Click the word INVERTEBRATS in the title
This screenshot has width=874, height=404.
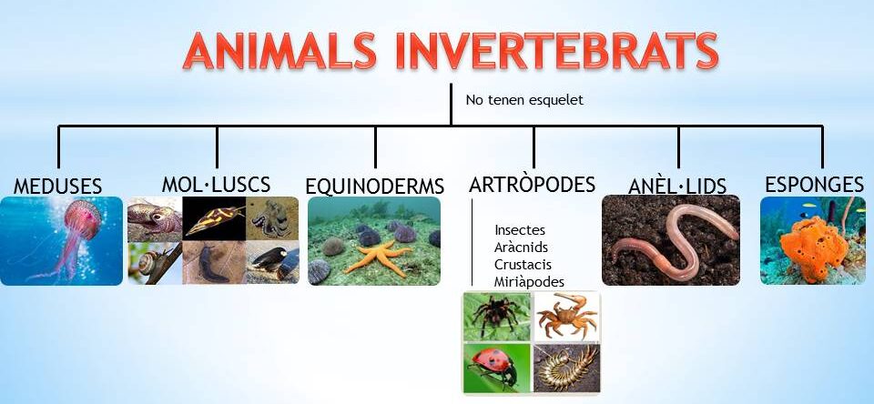click(557, 51)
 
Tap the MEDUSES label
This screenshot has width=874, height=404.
click(58, 187)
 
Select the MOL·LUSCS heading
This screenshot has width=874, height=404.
click(217, 185)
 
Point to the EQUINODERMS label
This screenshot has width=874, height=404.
click(375, 187)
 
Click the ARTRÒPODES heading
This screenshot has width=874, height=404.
click(533, 184)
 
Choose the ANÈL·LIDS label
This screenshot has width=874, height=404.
click(677, 187)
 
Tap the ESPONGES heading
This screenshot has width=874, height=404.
click(814, 184)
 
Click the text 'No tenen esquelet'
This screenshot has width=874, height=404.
click(524, 100)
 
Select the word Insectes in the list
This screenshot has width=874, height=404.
click(520, 229)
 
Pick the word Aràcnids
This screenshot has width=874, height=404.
click(521, 247)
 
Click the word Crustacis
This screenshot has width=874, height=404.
click(523, 264)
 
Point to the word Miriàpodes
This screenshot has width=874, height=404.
click(529, 282)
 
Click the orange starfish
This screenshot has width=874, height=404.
click(378, 257)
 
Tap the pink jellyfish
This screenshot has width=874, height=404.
click(76, 234)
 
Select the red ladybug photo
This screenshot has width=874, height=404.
click(497, 369)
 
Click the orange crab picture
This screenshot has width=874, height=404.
click(567, 316)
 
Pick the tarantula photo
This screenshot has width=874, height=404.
click(497, 316)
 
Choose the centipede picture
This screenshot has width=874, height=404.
click(567, 369)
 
